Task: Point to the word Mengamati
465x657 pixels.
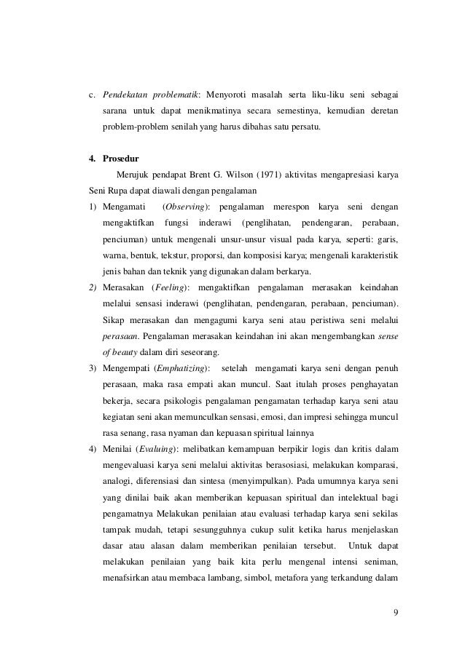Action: pyautogui.click(x=124, y=209)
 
